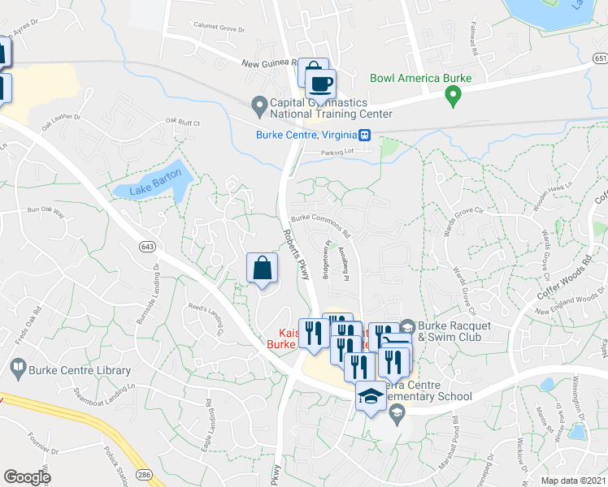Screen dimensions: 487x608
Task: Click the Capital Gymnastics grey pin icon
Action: (x=259, y=104)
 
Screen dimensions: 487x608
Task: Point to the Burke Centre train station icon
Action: (x=367, y=136)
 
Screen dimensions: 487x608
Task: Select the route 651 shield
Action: (x=600, y=59)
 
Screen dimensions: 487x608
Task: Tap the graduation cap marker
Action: (x=371, y=396)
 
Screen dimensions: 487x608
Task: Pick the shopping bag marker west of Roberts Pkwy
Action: (x=263, y=268)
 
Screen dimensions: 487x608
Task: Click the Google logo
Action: (x=27, y=477)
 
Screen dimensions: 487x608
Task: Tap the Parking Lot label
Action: (x=339, y=151)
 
